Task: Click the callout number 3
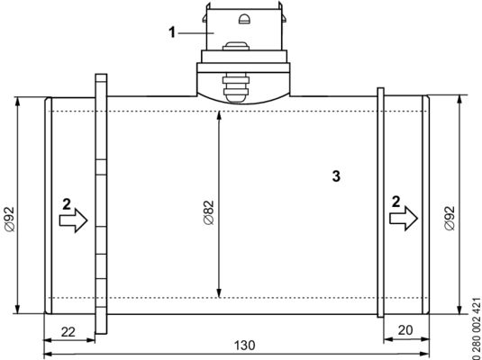coord(335,176)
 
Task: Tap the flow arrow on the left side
coord(74,219)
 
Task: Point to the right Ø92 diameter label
coord(450,219)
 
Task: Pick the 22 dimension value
coord(68,330)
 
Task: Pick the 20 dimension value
coord(405,330)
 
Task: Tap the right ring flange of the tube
coord(381,202)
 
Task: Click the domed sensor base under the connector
coord(242,87)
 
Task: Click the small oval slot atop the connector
coord(243,18)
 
